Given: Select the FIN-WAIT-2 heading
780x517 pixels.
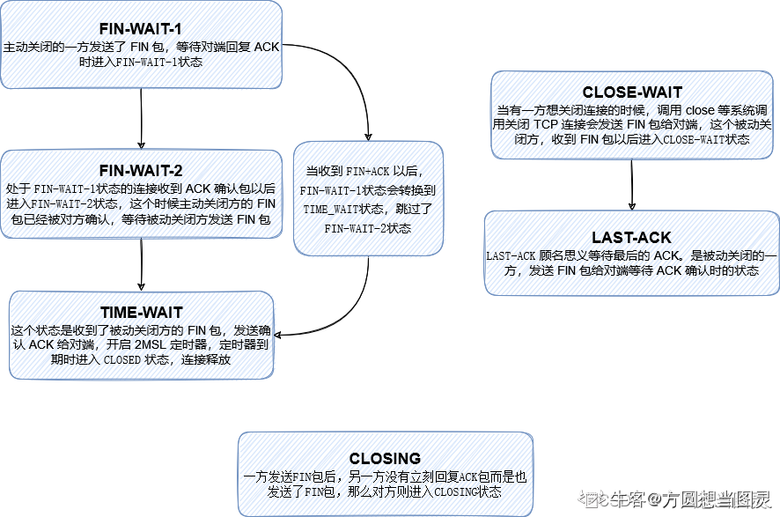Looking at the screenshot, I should click(x=142, y=170).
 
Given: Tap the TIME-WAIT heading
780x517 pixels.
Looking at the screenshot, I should click(x=142, y=312).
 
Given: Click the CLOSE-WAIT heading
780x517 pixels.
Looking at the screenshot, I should click(x=632, y=92).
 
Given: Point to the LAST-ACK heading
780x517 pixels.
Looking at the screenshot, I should click(x=631, y=238).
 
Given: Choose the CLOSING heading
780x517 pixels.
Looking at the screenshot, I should click(x=385, y=458).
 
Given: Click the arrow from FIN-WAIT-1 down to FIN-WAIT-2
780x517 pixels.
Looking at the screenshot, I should click(x=142, y=119).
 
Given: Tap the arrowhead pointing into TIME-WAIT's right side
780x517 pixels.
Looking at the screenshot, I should click(x=282, y=335).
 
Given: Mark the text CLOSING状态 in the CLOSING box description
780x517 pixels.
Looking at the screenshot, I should click(x=467, y=491).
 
